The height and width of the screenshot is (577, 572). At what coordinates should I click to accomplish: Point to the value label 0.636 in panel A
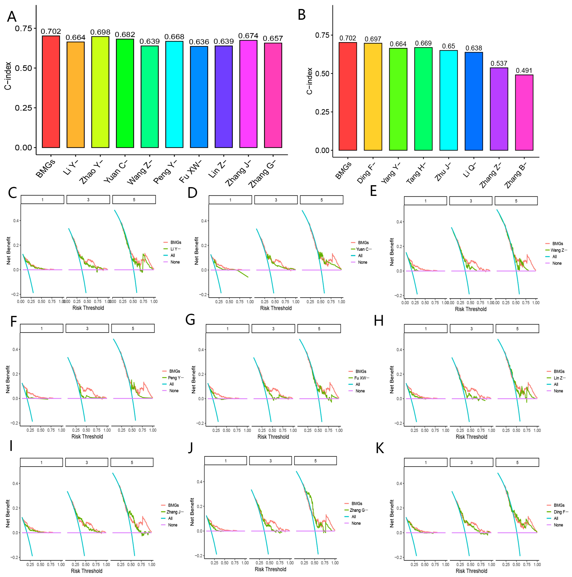[x=199, y=42]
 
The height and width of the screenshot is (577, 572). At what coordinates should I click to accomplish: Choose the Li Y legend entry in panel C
[x=175, y=249]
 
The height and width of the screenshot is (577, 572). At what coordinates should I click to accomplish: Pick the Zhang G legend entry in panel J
[x=358, y=510]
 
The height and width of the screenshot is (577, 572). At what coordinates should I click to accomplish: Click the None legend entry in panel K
[x=558, y=525]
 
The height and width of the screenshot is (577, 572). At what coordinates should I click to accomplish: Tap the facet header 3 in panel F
[x=87, y=328]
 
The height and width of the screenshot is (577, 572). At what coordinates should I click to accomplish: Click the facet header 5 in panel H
[x=517, y=329]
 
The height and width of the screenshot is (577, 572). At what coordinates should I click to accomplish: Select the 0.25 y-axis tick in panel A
[x=23, y=108]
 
